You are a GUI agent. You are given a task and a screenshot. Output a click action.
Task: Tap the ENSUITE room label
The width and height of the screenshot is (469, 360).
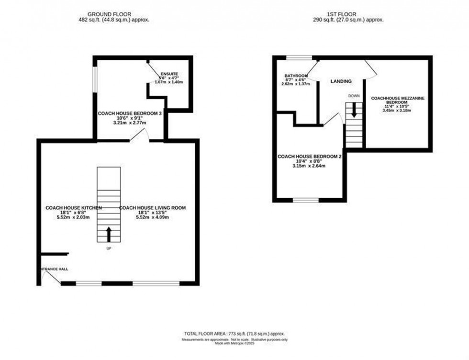point(169,74)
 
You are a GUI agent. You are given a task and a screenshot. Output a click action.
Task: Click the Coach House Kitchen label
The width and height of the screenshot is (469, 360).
point(73,208)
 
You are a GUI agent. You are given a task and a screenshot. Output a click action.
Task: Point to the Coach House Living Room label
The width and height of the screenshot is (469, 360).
point(152,208)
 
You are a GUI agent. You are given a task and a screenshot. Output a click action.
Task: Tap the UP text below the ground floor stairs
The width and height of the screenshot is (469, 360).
point(109,248)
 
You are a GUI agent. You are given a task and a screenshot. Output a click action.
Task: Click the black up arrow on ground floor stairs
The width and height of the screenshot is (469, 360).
point(109,234)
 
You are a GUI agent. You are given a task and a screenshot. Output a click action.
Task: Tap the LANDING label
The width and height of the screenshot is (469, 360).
point(341,81)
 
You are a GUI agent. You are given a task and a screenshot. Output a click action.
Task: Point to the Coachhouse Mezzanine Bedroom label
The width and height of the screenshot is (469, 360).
point(397,101)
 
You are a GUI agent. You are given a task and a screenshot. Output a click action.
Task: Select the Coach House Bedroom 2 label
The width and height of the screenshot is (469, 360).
point(309,157)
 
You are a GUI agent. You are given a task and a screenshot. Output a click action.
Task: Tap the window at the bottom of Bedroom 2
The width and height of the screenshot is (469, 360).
point(306,200)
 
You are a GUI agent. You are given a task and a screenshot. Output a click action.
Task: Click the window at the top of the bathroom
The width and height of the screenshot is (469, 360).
point(300,58)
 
